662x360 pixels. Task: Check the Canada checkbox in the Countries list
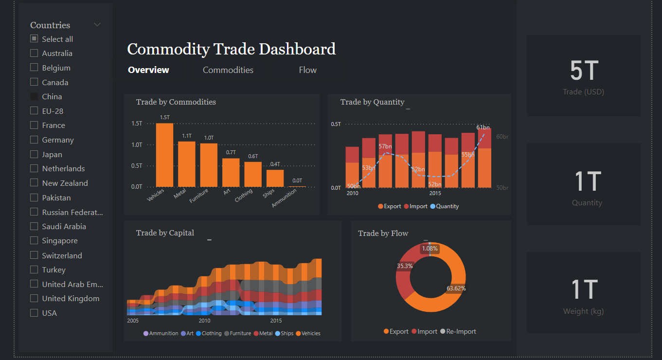click(x=34, y=82)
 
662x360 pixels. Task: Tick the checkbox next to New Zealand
click(x=34, y=183)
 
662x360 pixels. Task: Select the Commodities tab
click(x=228, y=70)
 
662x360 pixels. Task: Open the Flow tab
click(x=307, y=70)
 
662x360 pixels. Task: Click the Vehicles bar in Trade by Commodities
click(x=164, y=155)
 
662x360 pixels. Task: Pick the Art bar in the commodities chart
click(x=231, y=172)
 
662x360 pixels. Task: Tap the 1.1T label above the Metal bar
click(x=187, y=136)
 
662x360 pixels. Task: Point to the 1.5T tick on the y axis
click(x=137, y=124)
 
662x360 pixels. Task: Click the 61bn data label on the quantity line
click(x=483, y=127)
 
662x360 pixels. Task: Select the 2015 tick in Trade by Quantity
click(x=435, y=193)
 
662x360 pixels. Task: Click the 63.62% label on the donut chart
click(x=456, y=288)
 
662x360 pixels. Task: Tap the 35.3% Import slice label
click(x=405, y=266)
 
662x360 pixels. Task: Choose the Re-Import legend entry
click(x=458, y=332)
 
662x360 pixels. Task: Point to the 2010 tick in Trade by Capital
click(x=204, y=321)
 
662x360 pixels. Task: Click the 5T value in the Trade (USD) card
click(x=583, y=71)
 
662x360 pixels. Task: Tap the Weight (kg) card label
click(x=583, y=311)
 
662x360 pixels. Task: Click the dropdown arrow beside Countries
click(x=97, y=25)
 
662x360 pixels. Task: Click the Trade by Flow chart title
click(x=383, y=234)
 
